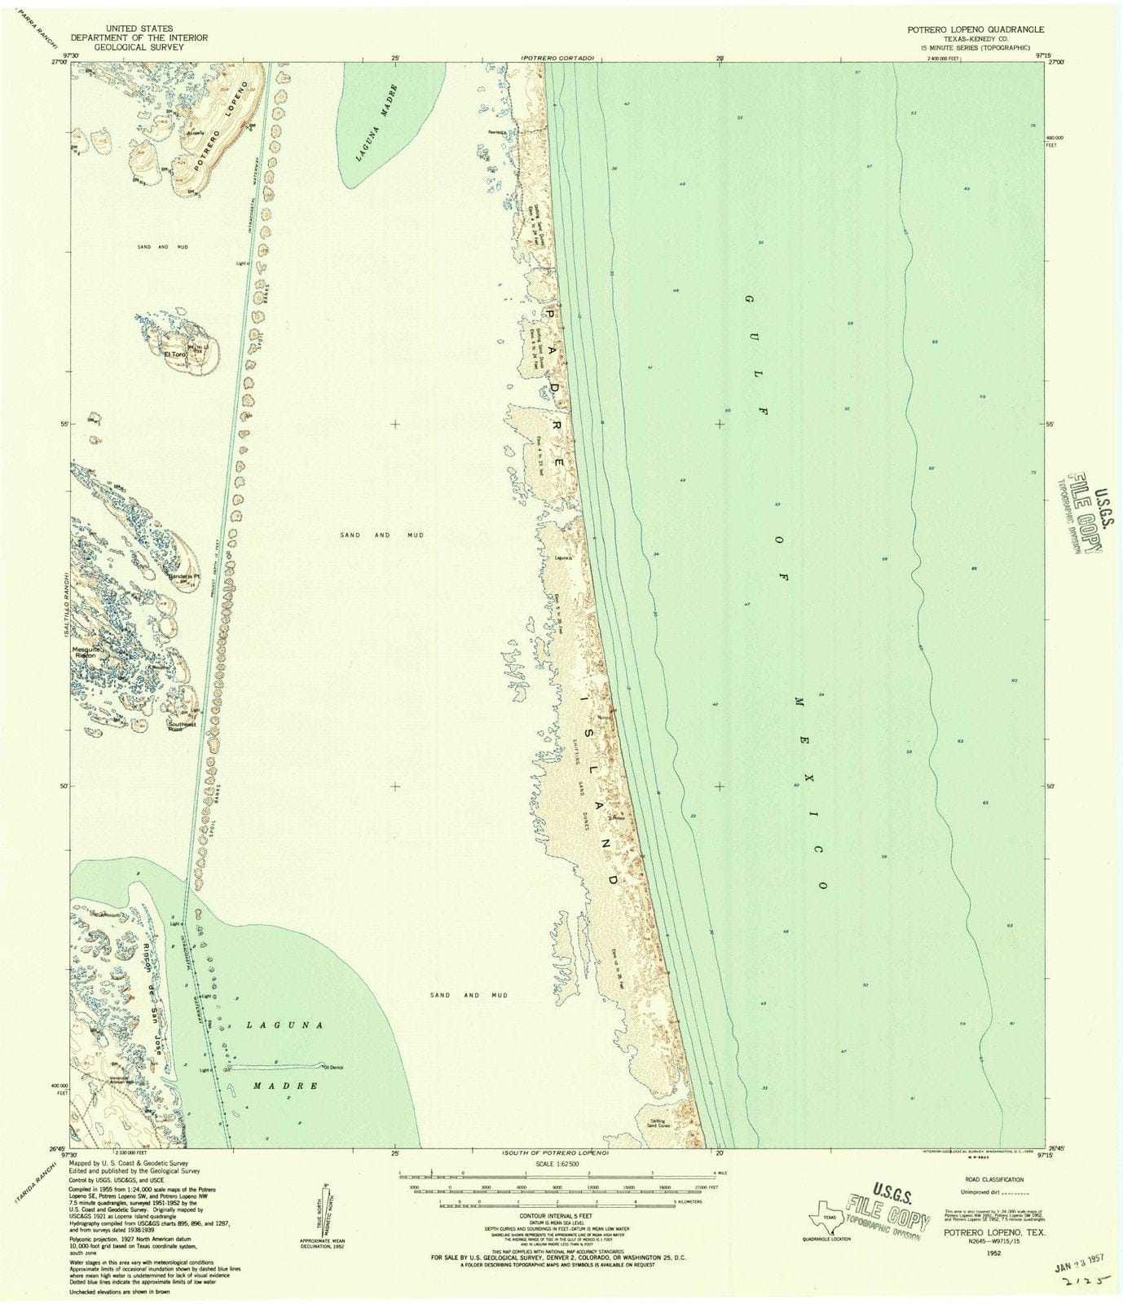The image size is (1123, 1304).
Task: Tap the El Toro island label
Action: tap(176, 355)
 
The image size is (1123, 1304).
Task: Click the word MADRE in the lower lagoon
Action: tap(283, 1086)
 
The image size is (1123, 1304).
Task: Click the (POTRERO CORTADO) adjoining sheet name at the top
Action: tap(559, 59)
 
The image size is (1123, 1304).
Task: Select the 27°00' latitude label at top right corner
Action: tap(1056, 62)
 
